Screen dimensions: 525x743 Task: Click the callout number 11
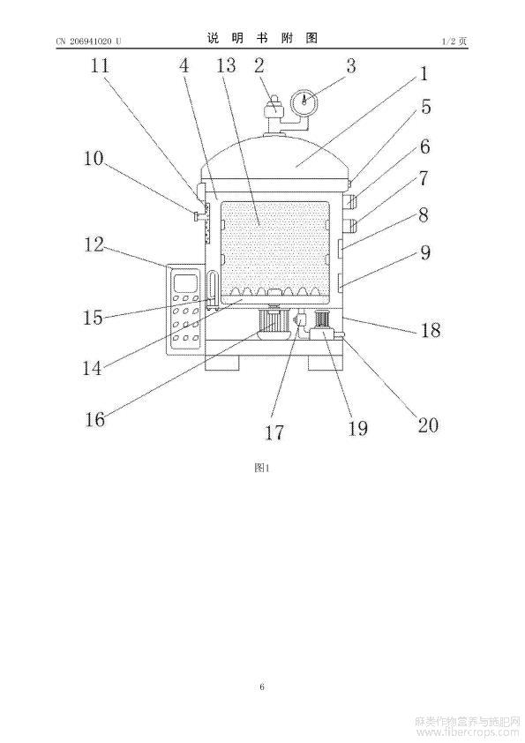tap(100, 65)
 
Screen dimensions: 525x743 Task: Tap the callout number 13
tap(226, 65)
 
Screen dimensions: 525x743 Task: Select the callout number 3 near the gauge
tap(350, 66)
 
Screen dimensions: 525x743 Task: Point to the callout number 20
tap(428, 424)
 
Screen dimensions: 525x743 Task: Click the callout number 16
tap(94, 419)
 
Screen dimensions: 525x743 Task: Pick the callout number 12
tap(94, 244)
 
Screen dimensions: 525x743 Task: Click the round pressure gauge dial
tap(304, 101)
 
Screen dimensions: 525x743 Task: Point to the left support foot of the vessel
tap(222, 363)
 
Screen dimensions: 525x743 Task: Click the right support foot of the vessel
tap(325, 363)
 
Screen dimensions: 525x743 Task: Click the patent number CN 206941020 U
tap(88, 41)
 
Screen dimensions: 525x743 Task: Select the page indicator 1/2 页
tap(454, 41)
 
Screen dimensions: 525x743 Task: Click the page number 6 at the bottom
tap(262, 687)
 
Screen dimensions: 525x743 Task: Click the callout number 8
tap(423, 214)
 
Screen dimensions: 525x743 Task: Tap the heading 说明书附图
tap(262, 38)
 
